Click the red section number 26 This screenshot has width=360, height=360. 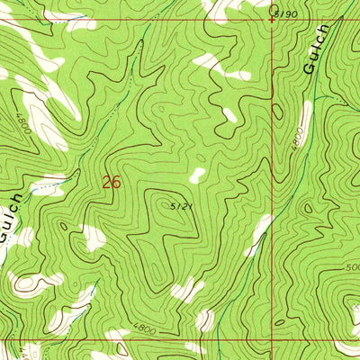click(111, 182)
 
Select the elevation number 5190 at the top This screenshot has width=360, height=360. click(286, 14)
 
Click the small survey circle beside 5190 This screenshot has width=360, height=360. click(274, 10)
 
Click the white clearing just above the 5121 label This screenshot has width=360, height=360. click(196, 176)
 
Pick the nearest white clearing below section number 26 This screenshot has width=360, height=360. click(93, 238)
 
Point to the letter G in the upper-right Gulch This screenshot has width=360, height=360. click(311, 66)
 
